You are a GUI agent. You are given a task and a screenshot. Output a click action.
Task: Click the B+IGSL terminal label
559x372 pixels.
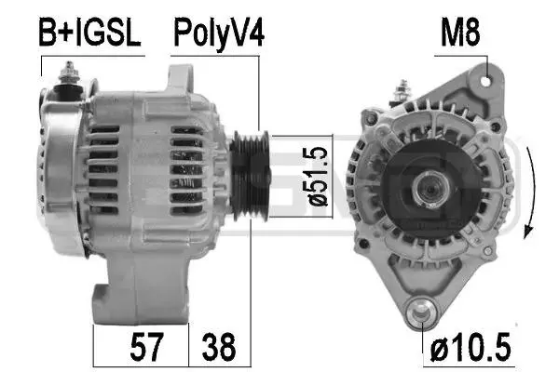coord(89,33)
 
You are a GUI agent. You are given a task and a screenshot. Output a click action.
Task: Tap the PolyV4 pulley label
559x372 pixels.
coord(219,33)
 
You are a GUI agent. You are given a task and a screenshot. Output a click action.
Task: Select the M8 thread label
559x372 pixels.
coord(460,32)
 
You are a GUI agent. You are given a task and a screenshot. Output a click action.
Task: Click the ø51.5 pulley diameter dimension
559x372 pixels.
coord(315,177)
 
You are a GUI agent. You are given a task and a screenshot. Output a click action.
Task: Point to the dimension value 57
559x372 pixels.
coord(146,346)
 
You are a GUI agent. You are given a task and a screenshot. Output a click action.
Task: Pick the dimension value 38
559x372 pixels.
coord(219,346)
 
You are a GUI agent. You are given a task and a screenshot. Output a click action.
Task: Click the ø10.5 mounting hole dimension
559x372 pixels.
coord(470,346)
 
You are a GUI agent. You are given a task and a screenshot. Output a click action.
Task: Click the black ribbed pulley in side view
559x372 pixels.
coord(250,176)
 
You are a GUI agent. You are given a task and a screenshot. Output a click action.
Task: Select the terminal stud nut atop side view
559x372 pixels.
coord(69,73)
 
